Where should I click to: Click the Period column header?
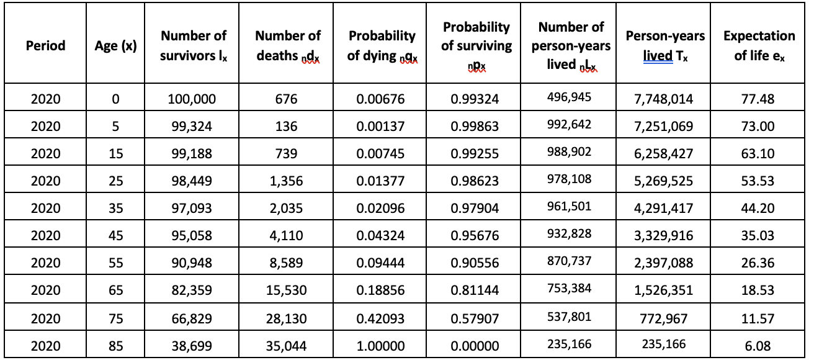pos(45,46)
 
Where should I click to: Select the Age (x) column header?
pos(116,46)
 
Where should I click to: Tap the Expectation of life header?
pos(759,46)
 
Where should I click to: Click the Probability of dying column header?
pos(381,46)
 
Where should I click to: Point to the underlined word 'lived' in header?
pos(657,56)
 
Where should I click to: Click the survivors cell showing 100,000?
pos(194,99)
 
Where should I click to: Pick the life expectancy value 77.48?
pos(758,99)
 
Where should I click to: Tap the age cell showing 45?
pos(116,235)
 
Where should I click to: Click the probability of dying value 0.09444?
pos(380,263)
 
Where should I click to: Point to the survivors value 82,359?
pos(194,290)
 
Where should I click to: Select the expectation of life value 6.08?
pos(758,345)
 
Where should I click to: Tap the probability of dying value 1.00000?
pos(380,345)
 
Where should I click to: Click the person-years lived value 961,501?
pos(571,207)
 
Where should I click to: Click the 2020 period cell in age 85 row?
pos(45,345)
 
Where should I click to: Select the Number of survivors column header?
pos(194,46)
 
